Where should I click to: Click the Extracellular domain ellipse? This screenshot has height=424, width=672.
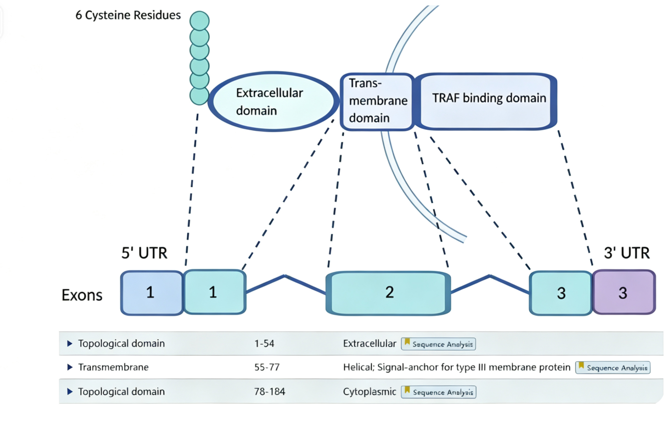tap(273, 101)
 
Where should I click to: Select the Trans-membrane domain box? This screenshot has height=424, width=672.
tap(377, 102)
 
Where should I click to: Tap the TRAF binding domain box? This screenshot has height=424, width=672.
tap(486, 101)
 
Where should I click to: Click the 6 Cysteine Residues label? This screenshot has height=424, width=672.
tap(128, 15)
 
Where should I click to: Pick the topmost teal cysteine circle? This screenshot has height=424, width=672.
tap(200, 20)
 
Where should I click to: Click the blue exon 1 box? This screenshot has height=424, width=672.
tap(152, 293)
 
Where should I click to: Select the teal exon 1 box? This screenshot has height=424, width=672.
tap(215, 292)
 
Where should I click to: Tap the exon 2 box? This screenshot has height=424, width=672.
tap(388, 293)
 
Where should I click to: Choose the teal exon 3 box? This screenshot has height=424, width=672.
tap(560, 293)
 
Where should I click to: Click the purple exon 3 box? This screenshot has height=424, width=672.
tap(624, 292)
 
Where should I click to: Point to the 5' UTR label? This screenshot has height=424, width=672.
tap(144, 253)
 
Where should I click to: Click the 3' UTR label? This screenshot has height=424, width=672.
tap(627, 253)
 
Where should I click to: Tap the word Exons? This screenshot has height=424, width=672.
tap(82, 295)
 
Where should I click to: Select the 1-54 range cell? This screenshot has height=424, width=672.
tap(264, 343)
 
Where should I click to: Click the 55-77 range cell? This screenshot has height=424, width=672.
tap(267, 367)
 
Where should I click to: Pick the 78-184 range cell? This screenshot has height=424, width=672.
tap(270, 392)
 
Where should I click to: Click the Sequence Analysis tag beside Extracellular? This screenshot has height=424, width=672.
tap(438, 344)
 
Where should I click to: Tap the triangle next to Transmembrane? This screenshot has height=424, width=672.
tap(70, 367)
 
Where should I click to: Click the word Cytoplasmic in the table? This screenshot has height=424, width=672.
tap(369, 392)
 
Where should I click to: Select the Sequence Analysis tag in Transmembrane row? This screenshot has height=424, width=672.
tap(613, 367)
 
